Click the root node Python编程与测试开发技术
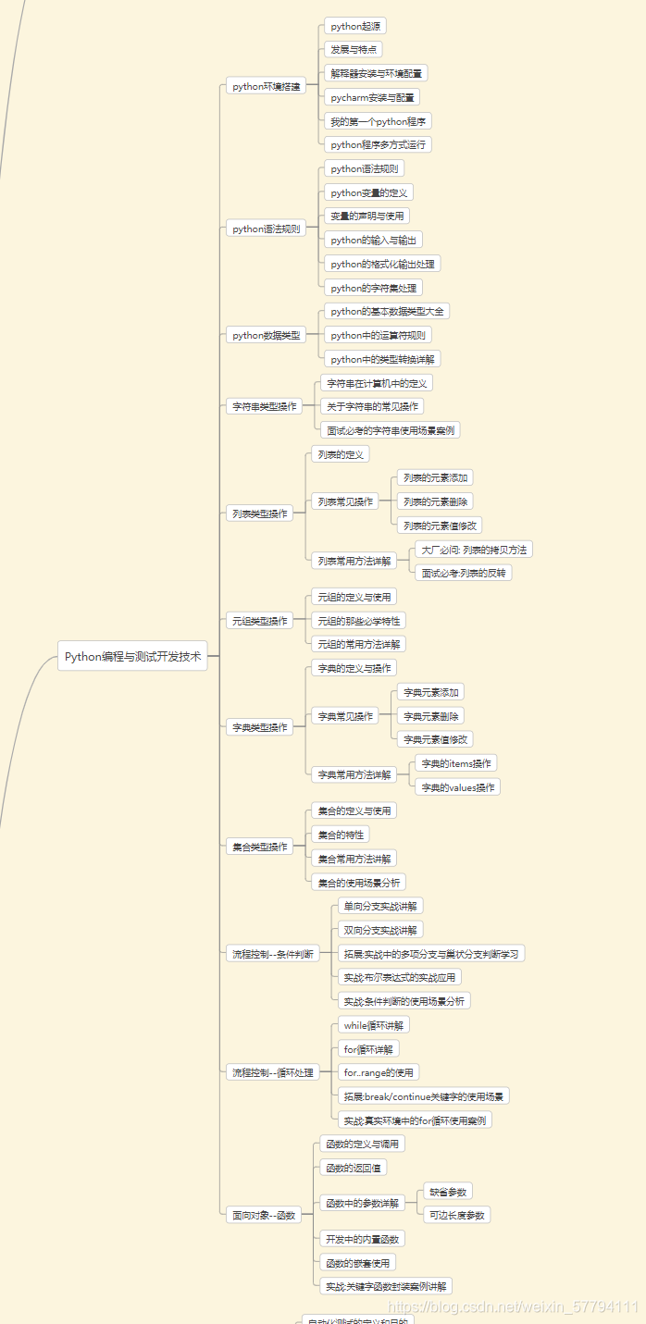[132, 656]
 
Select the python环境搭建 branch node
[266, 86]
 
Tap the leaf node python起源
[356, 26]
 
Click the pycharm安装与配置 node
[372, 97]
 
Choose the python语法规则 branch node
[266, 229]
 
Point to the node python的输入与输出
[373, 240]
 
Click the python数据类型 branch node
[266, 335]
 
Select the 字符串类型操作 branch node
[265, 406]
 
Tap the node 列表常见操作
[344, 501]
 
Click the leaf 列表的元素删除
[435, 501]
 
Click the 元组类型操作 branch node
[259, 620]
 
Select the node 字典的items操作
[456, 763]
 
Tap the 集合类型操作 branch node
[259, 846]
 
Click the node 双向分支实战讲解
[379, 930]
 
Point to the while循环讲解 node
[373, 1025]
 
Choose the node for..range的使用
[378, 1072]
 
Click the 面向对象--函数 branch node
[263, 1215]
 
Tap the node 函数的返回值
[353, 1168]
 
